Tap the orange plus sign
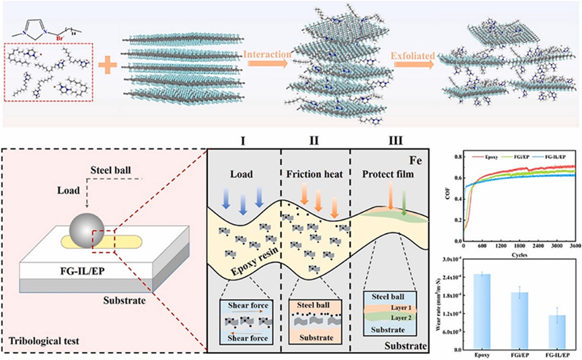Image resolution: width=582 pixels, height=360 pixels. (x=105, y=67)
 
